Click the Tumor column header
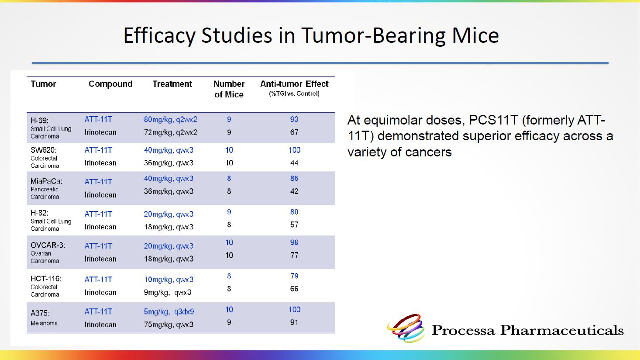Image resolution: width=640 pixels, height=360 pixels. [x=43, y=84]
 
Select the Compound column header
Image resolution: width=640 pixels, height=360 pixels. [x=110, y=84]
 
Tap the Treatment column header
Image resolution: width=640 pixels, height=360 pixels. [x=172, y=84]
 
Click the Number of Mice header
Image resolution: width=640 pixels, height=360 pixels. [x=229, y=89]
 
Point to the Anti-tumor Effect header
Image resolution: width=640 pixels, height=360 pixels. [x=294, y=88]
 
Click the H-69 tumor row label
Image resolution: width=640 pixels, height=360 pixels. [x=51, y=128]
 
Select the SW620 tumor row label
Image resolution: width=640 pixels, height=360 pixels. [x=45, y=158]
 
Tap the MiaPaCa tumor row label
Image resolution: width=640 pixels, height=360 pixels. [x=46, y=189]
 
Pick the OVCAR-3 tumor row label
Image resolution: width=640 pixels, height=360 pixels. [x=48, y=253]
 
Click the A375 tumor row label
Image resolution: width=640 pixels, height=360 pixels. [x=44, y=318]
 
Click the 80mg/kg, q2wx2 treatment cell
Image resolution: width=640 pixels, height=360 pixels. [x=171, y=120]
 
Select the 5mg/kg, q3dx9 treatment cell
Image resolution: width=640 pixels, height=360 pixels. [x=169, y=312]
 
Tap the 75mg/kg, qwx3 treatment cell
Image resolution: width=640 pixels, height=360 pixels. [x=169, y=325]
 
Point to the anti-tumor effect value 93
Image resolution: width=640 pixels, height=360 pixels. [x=294, y=119]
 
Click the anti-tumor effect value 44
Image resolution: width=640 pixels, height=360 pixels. [x=294, y=163]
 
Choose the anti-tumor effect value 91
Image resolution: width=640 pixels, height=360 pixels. [x=294, y=322]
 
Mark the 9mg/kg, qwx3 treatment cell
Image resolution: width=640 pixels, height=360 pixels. [x=168, y=292]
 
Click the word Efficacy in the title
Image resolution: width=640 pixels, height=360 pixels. [x=159, y=36]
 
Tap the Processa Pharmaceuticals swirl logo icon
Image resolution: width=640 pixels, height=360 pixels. [x=406, y=328]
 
